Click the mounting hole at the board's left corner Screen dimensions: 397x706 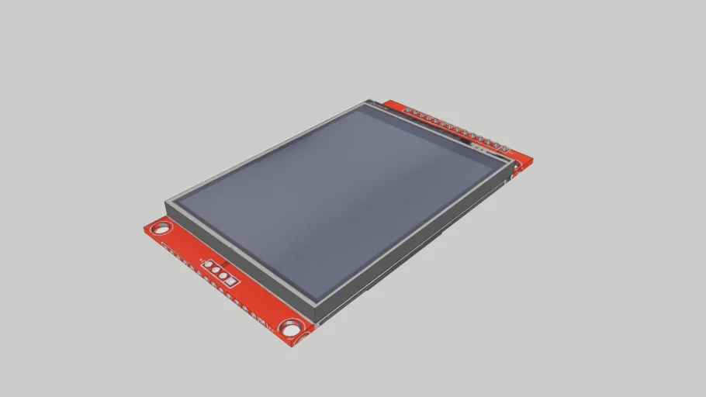click(x=161, y=229)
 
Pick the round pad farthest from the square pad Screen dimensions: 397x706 click(x=228, y=280)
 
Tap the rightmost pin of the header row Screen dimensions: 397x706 click(x=507, y=147)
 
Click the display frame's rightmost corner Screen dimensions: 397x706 click(x=517, y=164)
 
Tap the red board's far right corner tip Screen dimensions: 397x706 click(x=533, y=159)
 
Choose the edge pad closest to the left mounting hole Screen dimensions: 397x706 click(x=165, y=247)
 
